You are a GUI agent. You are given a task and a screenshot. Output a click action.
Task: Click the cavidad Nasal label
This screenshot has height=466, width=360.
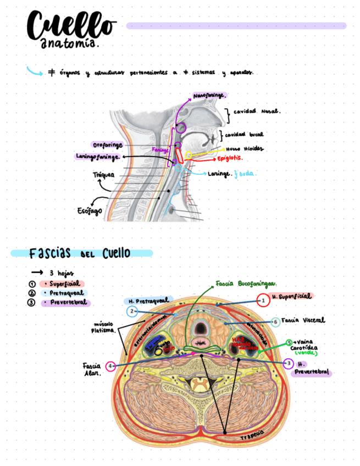[257, 111]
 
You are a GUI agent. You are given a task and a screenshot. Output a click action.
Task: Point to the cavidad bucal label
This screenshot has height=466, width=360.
[244, 134]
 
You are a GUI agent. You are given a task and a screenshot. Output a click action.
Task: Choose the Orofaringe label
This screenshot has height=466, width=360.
[108, 145]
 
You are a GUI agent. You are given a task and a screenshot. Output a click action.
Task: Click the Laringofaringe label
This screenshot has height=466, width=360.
[98, 157]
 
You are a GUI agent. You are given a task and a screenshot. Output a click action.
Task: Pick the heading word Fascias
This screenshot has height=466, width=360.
[50, 253]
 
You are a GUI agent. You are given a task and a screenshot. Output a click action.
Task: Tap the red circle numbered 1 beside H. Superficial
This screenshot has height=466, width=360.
[263, 300]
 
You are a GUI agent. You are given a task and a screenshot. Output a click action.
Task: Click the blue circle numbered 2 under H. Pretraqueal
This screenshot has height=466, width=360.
[132, 312]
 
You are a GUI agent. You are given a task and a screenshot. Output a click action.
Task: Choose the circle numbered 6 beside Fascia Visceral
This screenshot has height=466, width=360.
[275, 321]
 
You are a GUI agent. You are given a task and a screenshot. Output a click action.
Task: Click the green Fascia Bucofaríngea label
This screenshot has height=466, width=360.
[246, 284]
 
